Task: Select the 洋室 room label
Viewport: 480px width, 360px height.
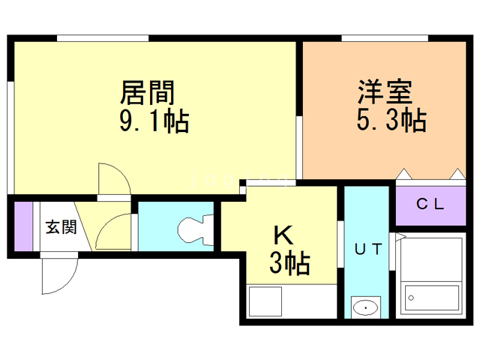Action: pyautogui.click(x=384, y=93)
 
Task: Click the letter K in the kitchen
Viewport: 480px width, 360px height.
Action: pyautogui.click(x=283, y=235)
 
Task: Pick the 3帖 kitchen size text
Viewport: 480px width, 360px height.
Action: pyautogui.click(x=289, y=263)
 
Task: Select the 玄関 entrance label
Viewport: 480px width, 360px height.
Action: pyautogui.click(x=61, y=227)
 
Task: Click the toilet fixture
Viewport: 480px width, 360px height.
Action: pyautogui.click(x=193, y=228)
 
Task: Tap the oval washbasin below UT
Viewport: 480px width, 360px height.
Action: pyautogui.click(x=366, y=307)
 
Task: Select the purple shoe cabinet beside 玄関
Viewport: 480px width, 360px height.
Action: pyautogui.click(x=23, y=226)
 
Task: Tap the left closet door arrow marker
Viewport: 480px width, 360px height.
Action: pyautogui.click(x=403, y=174)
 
